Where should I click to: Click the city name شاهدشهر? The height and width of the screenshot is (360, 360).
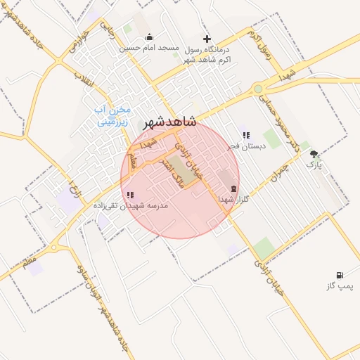(x=169, y=123)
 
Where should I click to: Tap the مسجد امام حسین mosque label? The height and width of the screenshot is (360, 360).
(x=148, y=49)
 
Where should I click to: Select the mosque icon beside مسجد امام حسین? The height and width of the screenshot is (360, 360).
(x=148, y=37)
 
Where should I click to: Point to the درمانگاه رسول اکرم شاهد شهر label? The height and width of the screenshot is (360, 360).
(x=207, y=54)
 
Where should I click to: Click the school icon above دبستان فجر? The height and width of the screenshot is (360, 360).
(x=245, y=135)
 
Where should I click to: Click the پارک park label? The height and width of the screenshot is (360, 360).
(x=314, y=165)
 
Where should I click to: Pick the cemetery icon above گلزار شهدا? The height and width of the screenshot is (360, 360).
(x=233, y=188)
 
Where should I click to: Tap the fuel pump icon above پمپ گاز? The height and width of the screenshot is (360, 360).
(x=341, y=275)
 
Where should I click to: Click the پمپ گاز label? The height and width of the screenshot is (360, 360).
(x=341, y=286)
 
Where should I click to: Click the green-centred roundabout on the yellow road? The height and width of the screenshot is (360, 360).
(x=259, y=89)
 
